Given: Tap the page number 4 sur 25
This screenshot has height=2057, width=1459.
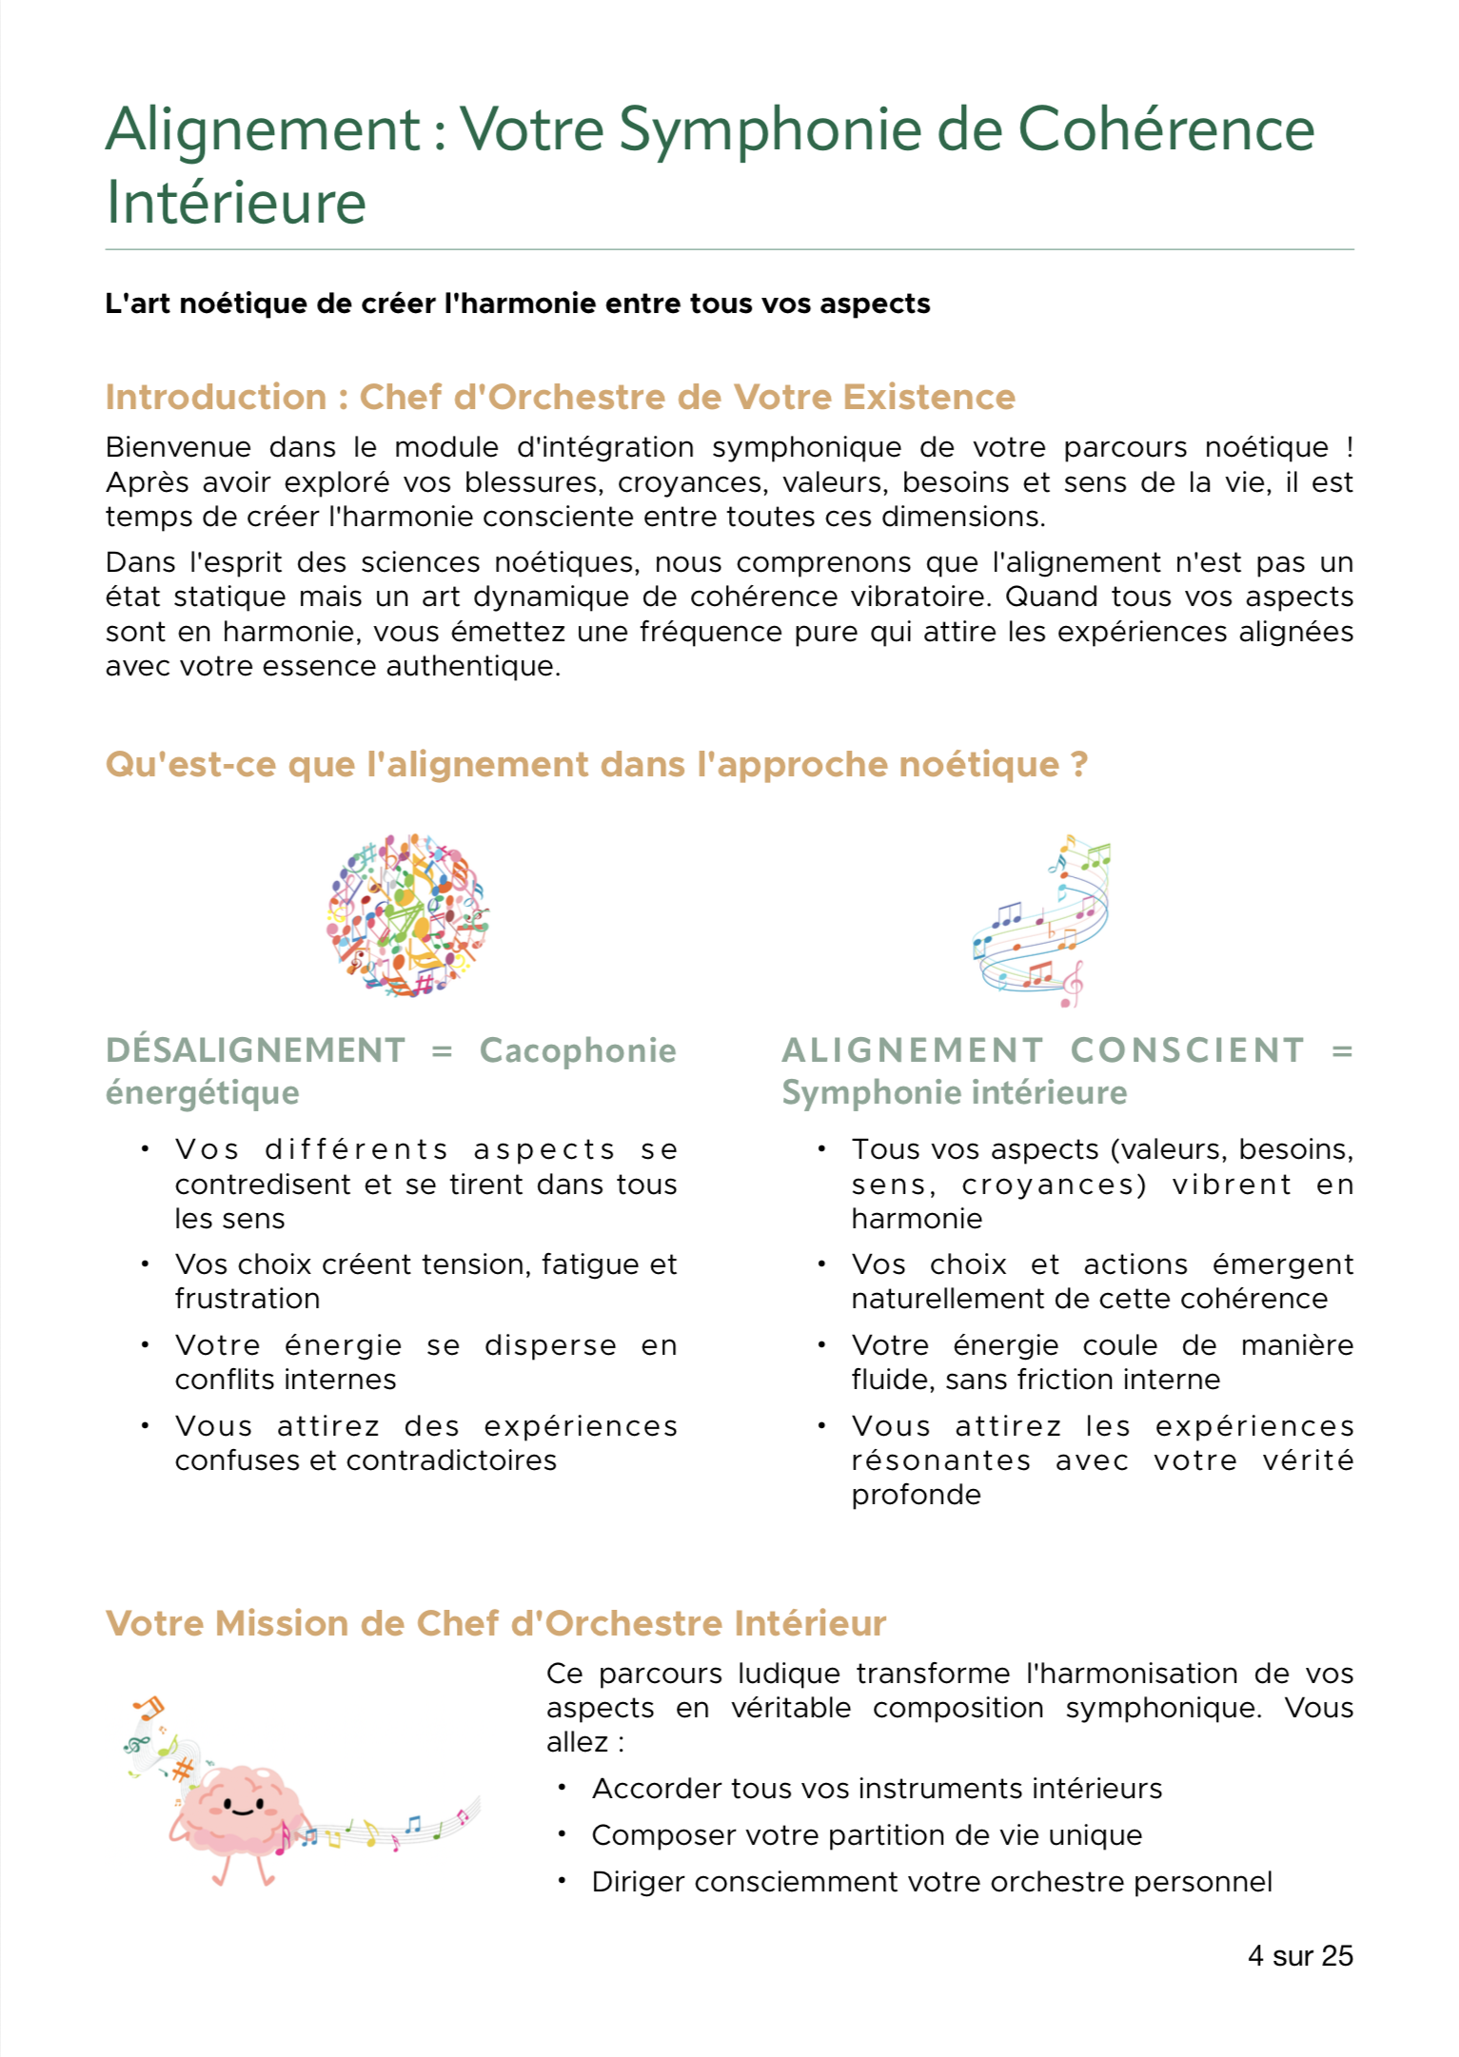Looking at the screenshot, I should [x=1299, y=1955].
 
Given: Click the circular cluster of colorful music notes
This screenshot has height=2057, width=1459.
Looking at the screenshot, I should [x=408, y=914].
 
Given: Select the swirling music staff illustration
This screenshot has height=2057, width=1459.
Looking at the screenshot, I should [x=1043, y=921].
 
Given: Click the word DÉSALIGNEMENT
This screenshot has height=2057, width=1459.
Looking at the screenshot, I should [x=256, y=1050].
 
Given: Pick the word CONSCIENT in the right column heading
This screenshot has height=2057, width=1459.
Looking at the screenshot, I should [x=1187, y=1050].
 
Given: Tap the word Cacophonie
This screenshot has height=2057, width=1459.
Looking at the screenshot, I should [x=578, y=1050].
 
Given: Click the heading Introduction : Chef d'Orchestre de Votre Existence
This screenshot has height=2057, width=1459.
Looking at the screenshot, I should [x=560, y=397].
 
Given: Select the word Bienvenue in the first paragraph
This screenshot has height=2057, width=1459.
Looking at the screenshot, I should [x=178, y=447].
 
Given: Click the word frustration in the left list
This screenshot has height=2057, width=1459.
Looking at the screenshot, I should [x=247, y=1299].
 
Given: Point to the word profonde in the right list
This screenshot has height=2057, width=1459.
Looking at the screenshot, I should [x=916, y=1495].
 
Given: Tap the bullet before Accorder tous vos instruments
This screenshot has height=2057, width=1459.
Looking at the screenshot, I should [x=562, y=1788].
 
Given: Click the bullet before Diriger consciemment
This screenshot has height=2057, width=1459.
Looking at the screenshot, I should [x=562, y=1881].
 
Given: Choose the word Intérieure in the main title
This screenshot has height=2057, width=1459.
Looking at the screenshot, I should [x=236, y=203].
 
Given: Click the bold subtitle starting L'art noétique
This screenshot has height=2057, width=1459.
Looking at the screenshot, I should [x=517, y=304].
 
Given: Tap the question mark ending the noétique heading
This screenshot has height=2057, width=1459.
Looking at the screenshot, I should [x=1078, y=764].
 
